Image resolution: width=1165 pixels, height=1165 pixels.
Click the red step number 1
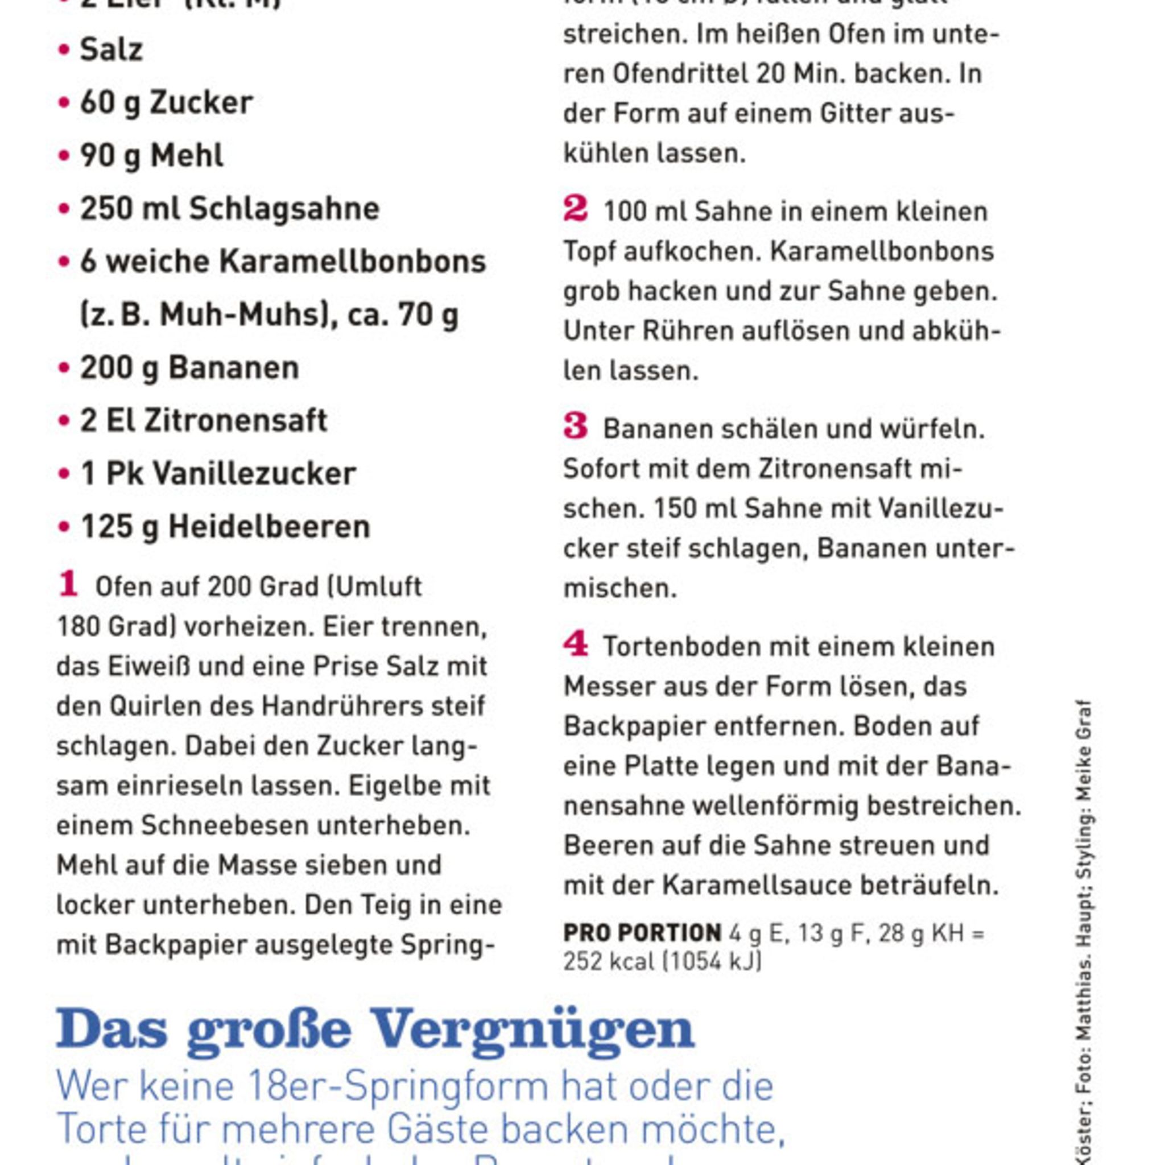coord(68,584)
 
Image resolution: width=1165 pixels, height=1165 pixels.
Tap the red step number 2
coord(575,209)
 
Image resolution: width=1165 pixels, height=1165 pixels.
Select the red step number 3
coord(575,426)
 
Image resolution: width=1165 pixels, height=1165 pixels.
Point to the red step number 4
coord(575,643)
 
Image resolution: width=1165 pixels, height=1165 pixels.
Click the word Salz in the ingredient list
coord(111,49)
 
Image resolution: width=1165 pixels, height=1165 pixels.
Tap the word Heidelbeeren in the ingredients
coord(269,526)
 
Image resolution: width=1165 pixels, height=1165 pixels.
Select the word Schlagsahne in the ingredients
coord(284,209)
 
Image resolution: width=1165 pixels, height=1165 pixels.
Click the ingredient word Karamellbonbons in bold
coord(352,262)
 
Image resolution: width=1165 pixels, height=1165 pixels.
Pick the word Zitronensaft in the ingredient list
coord(235,420)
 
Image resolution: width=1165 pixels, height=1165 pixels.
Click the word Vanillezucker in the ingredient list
coord(254,473)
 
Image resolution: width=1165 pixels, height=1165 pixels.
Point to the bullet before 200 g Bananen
coord(64,367)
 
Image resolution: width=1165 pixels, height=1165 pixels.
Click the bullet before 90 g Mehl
coord(64,155)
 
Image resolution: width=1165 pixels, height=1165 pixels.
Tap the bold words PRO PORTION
coord(642,933)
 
